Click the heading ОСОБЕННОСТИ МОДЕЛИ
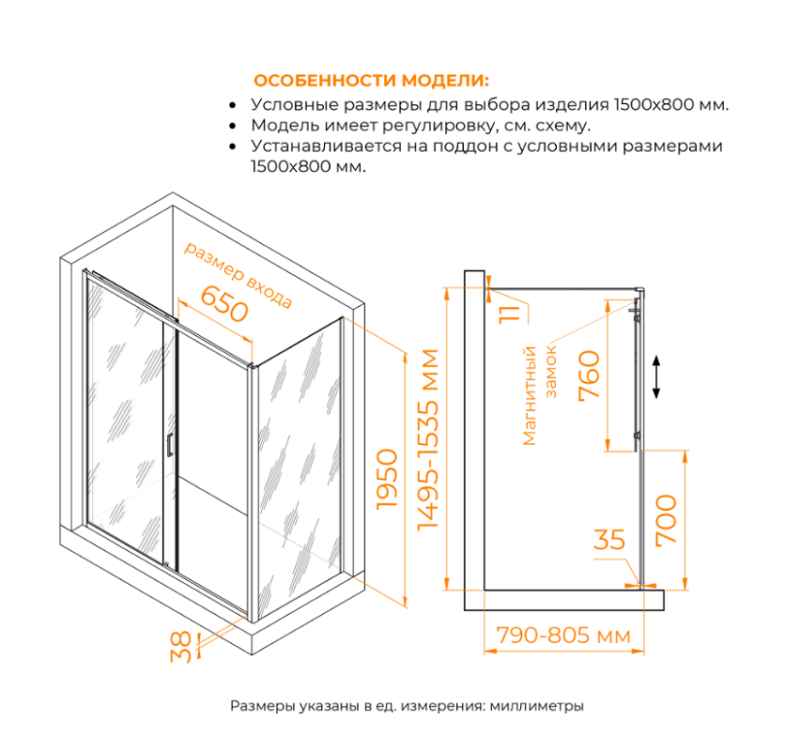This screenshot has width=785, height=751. click(x=371, y=80)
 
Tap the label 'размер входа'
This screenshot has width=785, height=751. click(x=238, y=275)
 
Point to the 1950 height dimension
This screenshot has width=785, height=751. click(x=387, y=479)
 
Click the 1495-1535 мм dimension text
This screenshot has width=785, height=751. click(x=427, y=439)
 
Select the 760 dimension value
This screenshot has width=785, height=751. click(x=589, y=375)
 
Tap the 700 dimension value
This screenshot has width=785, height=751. click(x=665, y=518)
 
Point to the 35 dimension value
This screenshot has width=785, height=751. click(x=609, y=540)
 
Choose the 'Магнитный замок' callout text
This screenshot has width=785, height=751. click(x=541, y=394)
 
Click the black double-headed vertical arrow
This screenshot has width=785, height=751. click(x=657, y=377)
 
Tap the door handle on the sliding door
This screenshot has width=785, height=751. click(x=169, y=446)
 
